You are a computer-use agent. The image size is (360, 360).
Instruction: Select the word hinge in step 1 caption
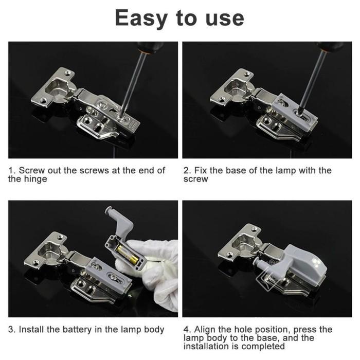pos(34,179)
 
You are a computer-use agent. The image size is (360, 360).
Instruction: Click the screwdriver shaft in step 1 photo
pos(133,82)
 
